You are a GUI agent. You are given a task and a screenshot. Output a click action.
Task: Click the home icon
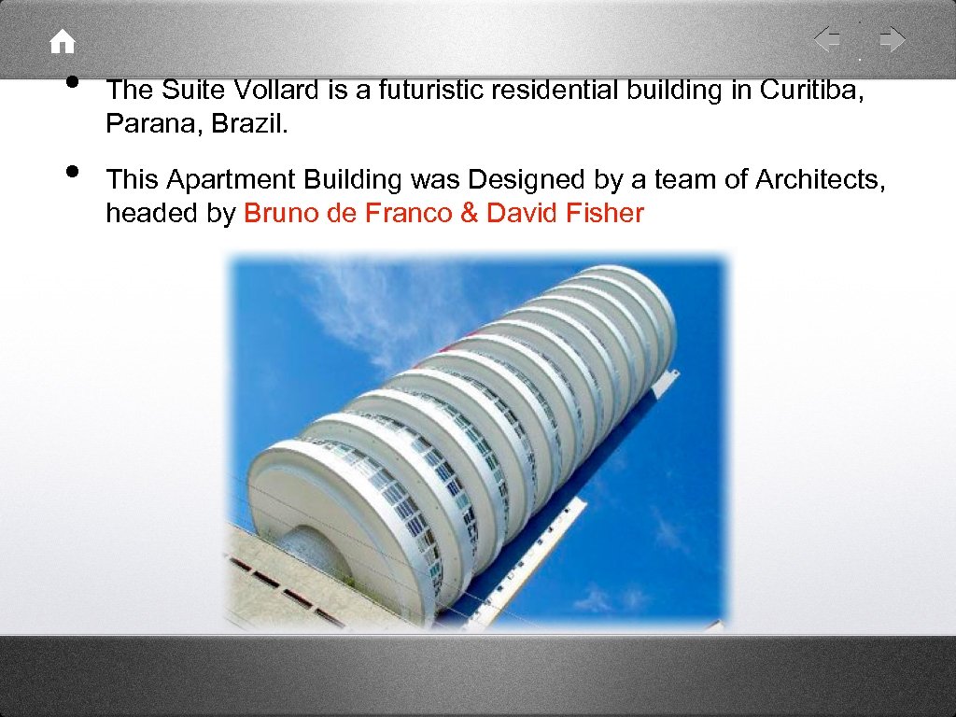62,42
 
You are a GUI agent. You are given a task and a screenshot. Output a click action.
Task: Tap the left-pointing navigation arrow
827,40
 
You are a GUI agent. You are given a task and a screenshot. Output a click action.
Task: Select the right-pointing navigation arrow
893,40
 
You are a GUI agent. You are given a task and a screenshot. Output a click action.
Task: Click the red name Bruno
281,214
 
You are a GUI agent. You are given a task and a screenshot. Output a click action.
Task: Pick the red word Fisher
604,214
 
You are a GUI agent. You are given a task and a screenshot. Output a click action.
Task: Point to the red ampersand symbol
469,214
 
